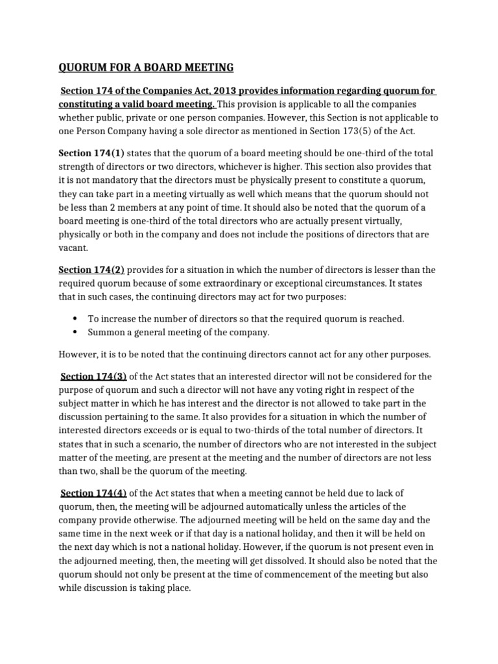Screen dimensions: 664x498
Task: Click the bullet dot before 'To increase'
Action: pyautogui.click(x=75, y=318)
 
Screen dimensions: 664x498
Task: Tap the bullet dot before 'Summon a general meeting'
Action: pyautogui.click(x=75, y=332)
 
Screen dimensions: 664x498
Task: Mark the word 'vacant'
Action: pyautogui.click(x=73, y=248)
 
